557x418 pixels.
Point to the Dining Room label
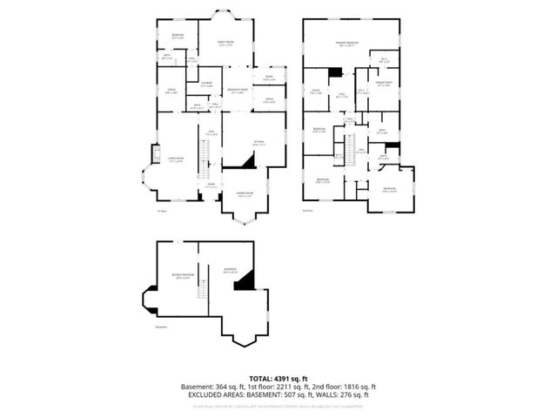pos(245,194)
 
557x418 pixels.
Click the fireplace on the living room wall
pos(156,155)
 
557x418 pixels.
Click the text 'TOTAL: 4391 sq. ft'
pos(278,378)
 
